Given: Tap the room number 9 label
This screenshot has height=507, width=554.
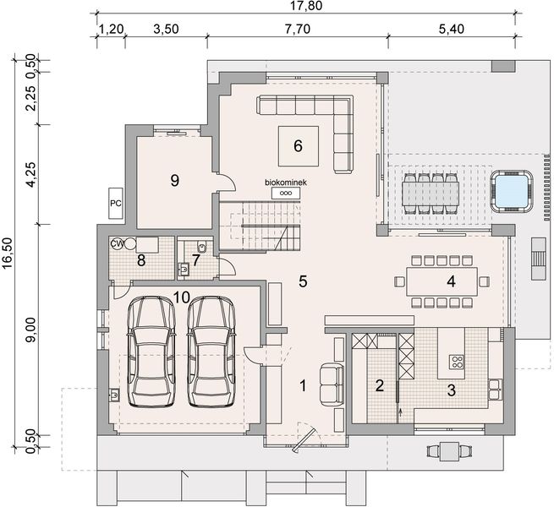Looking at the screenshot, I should pos(174,180).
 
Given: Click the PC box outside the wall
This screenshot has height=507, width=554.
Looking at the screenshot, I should pos(116,203).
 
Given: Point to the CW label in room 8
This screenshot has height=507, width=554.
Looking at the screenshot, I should pos(118,244).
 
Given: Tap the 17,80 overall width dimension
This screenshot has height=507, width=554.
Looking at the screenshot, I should pos(305,6).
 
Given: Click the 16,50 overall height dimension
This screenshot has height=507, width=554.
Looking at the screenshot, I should pos(8,253).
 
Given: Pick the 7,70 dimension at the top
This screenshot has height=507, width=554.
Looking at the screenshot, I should pos(296,27).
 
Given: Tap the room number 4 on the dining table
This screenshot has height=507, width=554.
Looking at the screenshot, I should pos(452,281).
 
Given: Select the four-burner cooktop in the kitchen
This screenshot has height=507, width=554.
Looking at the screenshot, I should pos(456,363).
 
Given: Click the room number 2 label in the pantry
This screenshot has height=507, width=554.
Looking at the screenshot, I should pos(380,386).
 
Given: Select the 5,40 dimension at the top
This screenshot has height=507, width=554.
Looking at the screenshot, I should pos(453,27).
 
